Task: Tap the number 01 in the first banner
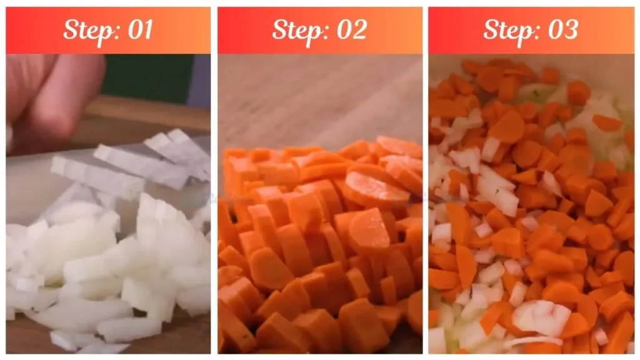click(140, 29)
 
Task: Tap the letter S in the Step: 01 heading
click(71, 29)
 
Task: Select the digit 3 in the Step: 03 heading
click(571, 29)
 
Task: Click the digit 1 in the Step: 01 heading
click(147, 29)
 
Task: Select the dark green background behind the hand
click(147, 76)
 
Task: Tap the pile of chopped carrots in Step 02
click(321, 245)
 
